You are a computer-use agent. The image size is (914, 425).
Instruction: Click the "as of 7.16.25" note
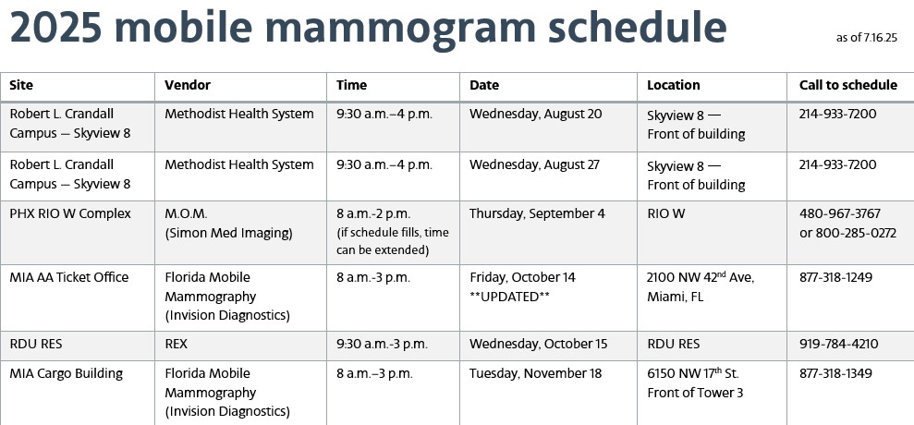point(866,38)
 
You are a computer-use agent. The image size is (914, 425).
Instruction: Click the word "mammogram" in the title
point(400,28)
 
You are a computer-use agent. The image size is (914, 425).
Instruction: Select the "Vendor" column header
point(187,85)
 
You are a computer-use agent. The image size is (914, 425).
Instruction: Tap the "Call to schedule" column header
point(848,85)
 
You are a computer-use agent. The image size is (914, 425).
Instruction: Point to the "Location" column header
point(674,85)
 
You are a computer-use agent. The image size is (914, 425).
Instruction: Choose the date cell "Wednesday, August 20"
point(535,115)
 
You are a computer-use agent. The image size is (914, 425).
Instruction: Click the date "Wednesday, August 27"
point(534,165)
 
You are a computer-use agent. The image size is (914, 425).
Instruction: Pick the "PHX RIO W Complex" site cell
point(70,214)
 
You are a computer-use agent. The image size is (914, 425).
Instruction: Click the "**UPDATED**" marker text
point(509,297)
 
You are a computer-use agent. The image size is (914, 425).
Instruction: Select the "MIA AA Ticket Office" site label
point(68,277)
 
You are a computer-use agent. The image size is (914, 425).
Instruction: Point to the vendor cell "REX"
point(176,344)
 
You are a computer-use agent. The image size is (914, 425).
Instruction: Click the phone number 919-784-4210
point(838,344)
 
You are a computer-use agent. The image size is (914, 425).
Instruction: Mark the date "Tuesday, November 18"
point(535,373)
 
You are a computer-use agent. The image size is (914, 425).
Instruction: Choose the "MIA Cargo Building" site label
point(66,373)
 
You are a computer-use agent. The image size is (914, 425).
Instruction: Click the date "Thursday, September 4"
point(537,214)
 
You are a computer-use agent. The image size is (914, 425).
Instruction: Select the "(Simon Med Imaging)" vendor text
point(228,234)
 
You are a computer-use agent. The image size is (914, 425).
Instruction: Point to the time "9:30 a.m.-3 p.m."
point(382,344)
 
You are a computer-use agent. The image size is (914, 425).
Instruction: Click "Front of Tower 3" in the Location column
point(695,393)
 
